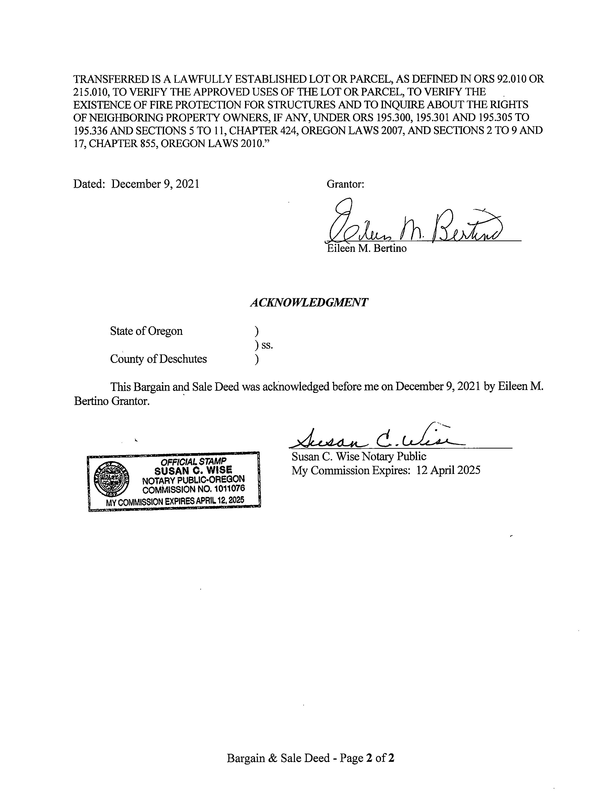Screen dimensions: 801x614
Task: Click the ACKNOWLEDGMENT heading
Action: click(x=309, y=303)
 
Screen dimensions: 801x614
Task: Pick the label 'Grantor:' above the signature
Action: click(x=345, y=184)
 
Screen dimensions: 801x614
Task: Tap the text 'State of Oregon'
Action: click(x=146, y=331)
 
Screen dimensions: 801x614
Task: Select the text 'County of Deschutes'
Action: click(x=158, y=359)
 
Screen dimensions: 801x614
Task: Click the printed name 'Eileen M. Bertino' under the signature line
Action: click(x=367, y=249)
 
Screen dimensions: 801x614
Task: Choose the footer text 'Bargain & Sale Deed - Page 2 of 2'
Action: click(x=310, y=758)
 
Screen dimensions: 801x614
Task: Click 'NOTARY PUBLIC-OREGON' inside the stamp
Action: click(x=193, y=479)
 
